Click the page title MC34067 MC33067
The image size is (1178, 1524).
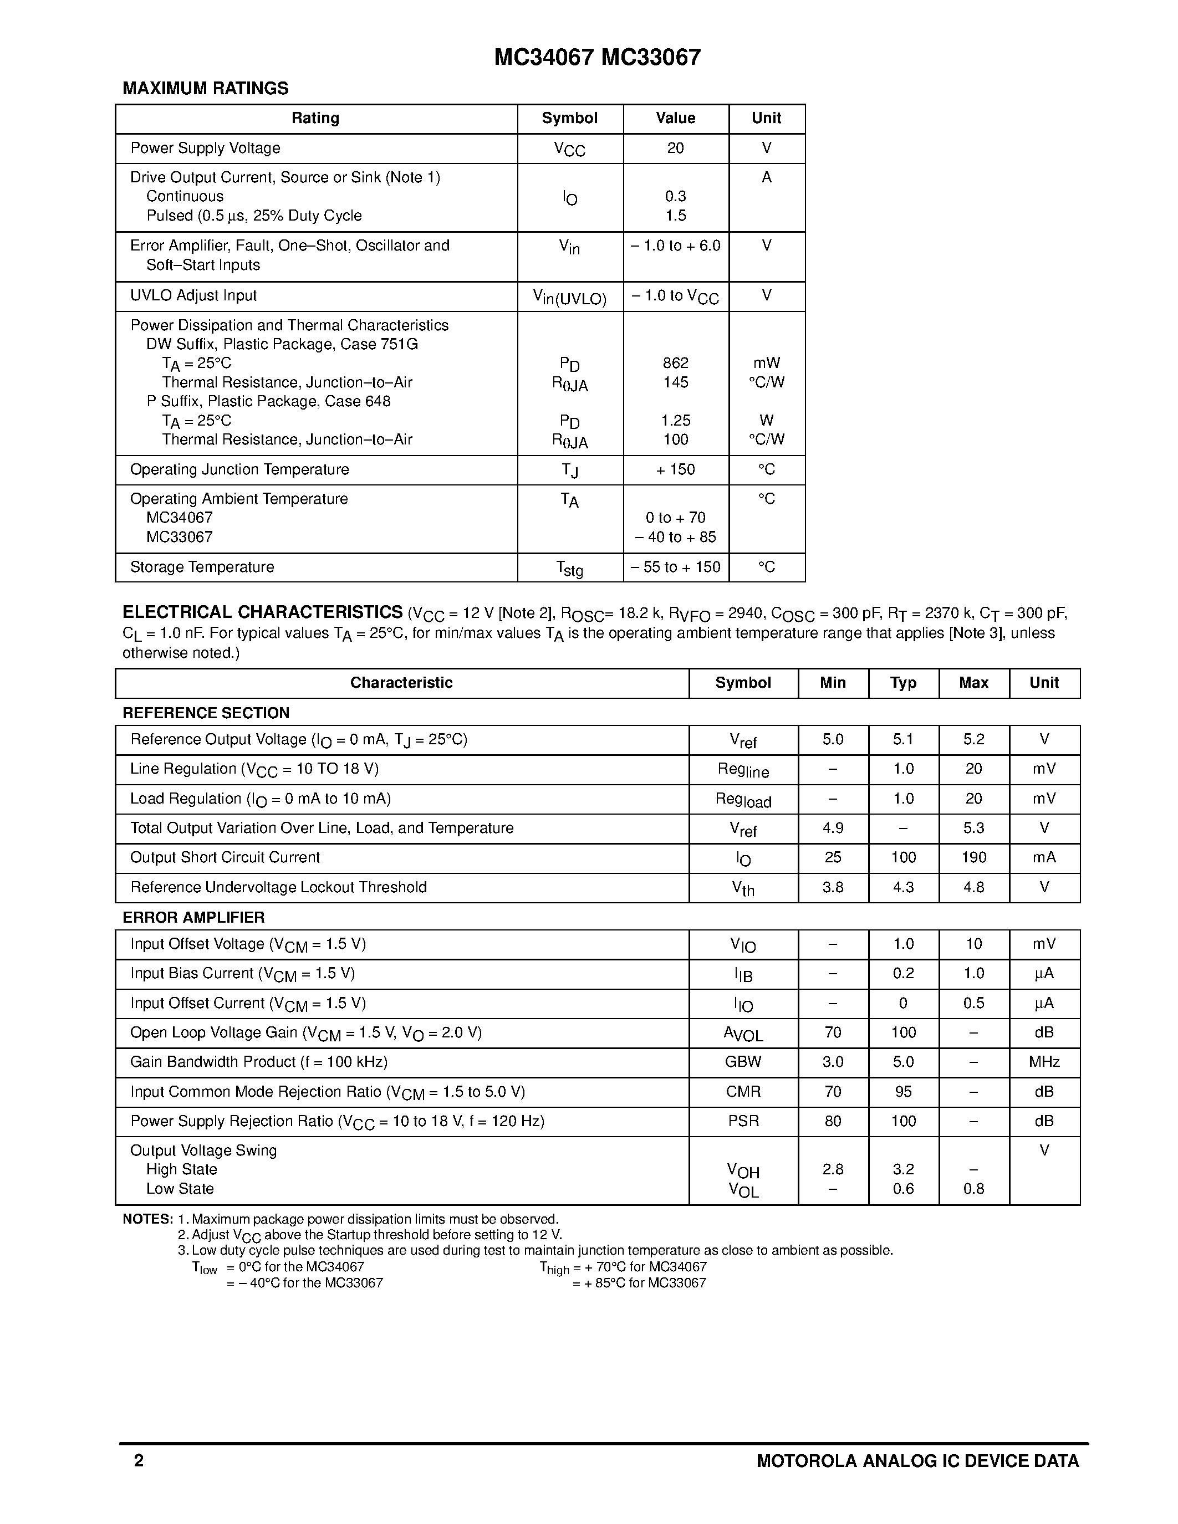point(598,57)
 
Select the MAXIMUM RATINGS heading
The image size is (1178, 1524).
point(205,89)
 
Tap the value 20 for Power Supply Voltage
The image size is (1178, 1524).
point(675,148)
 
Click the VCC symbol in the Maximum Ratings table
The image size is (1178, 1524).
point(569,149)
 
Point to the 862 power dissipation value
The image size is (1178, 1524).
point(675,363)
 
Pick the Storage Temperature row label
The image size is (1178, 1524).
point(202,566)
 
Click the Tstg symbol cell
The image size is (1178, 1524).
point(569,569)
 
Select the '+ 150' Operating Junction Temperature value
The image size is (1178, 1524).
point(675,469)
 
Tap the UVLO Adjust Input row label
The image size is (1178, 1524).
point(193,296)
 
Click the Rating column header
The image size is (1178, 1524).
point(315,118)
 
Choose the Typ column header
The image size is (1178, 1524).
point(903,682)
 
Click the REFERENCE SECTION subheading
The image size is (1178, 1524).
point(206,713)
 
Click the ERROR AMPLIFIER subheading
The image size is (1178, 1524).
point(193,918)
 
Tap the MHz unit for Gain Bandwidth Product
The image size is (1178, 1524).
point(1044,1062)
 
